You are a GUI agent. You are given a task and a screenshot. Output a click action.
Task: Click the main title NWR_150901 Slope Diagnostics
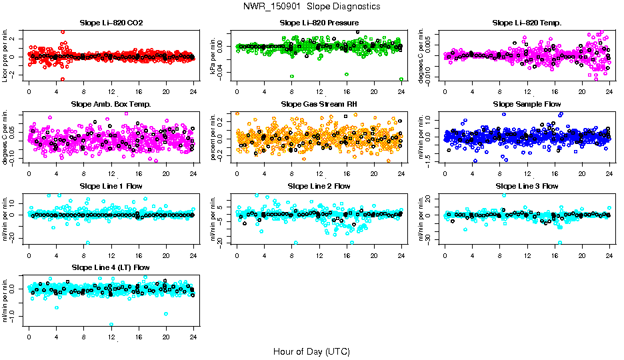[312, 6]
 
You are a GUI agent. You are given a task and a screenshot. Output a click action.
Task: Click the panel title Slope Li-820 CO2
[111, 23]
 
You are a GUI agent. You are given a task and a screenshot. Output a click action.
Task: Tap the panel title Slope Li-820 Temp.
[527, 23]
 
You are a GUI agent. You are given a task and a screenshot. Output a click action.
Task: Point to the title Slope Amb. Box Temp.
[111, 105]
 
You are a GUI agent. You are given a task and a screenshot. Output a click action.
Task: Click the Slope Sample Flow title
[527, 105]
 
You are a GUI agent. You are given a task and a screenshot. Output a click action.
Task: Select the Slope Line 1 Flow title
[111, 186]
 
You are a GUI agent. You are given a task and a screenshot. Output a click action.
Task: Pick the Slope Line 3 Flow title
[527, 186]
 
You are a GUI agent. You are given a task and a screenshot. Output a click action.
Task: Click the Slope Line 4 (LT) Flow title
[111, 267]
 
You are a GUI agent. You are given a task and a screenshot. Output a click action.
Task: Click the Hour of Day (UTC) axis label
[311, 351]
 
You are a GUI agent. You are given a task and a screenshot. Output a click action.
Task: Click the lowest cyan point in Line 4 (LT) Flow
[111, 325]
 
